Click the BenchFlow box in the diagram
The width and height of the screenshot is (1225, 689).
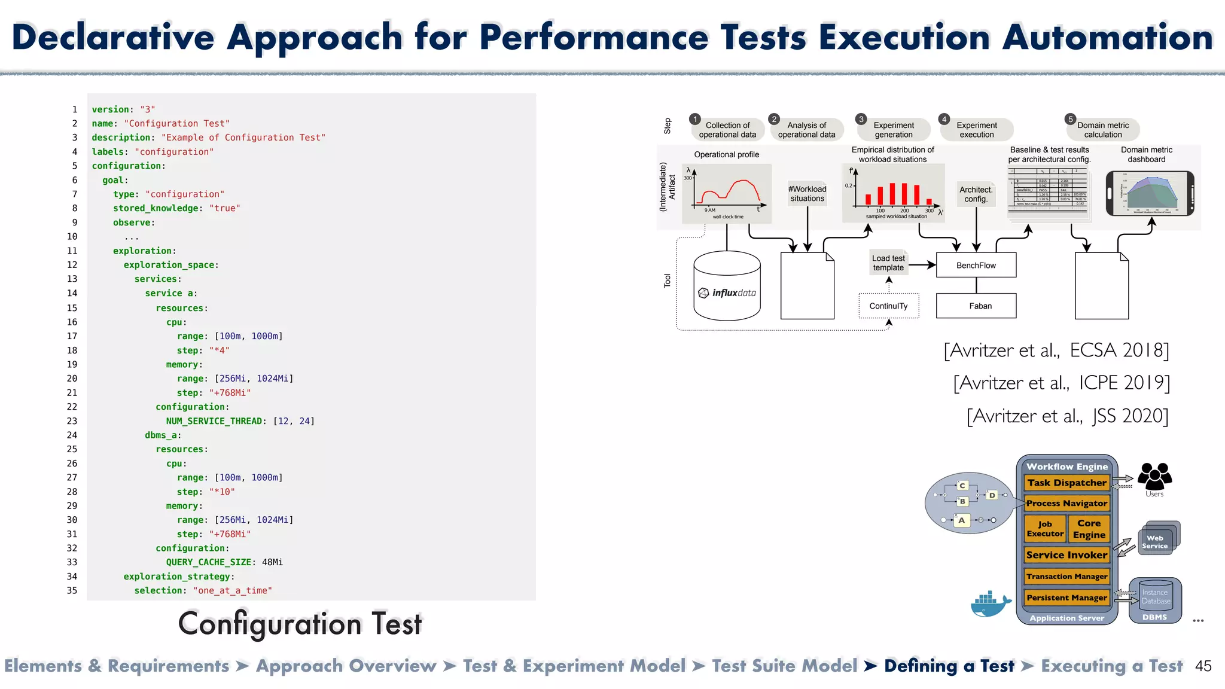(x=976, y=265)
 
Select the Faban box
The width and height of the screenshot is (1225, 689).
(x=976, y=306)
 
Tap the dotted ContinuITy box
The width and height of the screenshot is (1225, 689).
(x=888, y=306)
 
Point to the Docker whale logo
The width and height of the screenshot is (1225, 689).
(x=991, y=604)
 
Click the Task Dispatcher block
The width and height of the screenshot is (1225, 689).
(x=1066, y=483)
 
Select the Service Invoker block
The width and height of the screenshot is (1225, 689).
(x=1066, y=555)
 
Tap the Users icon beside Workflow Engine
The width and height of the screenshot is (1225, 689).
(x=1154, y=477)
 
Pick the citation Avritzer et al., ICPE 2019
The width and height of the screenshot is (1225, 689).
(x=1061, y=383)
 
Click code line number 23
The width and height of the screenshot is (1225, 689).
(x=72, y=421)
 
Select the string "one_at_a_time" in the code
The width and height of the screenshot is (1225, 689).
(x=232, y=590)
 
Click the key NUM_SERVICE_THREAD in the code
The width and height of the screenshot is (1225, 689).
(x=214, y=421)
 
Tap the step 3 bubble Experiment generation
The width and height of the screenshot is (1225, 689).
(x=893, y=130)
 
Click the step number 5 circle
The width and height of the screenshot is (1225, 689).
(x=1071, y=119)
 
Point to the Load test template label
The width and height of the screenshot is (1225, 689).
(x=888, y=263)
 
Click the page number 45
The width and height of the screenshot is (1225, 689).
(x=1203, y=666)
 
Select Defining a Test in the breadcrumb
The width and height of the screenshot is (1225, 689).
(x=949, y=666)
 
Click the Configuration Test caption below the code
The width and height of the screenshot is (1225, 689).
(x=300, y=624)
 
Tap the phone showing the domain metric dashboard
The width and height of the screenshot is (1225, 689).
(x=1150, y=194)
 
